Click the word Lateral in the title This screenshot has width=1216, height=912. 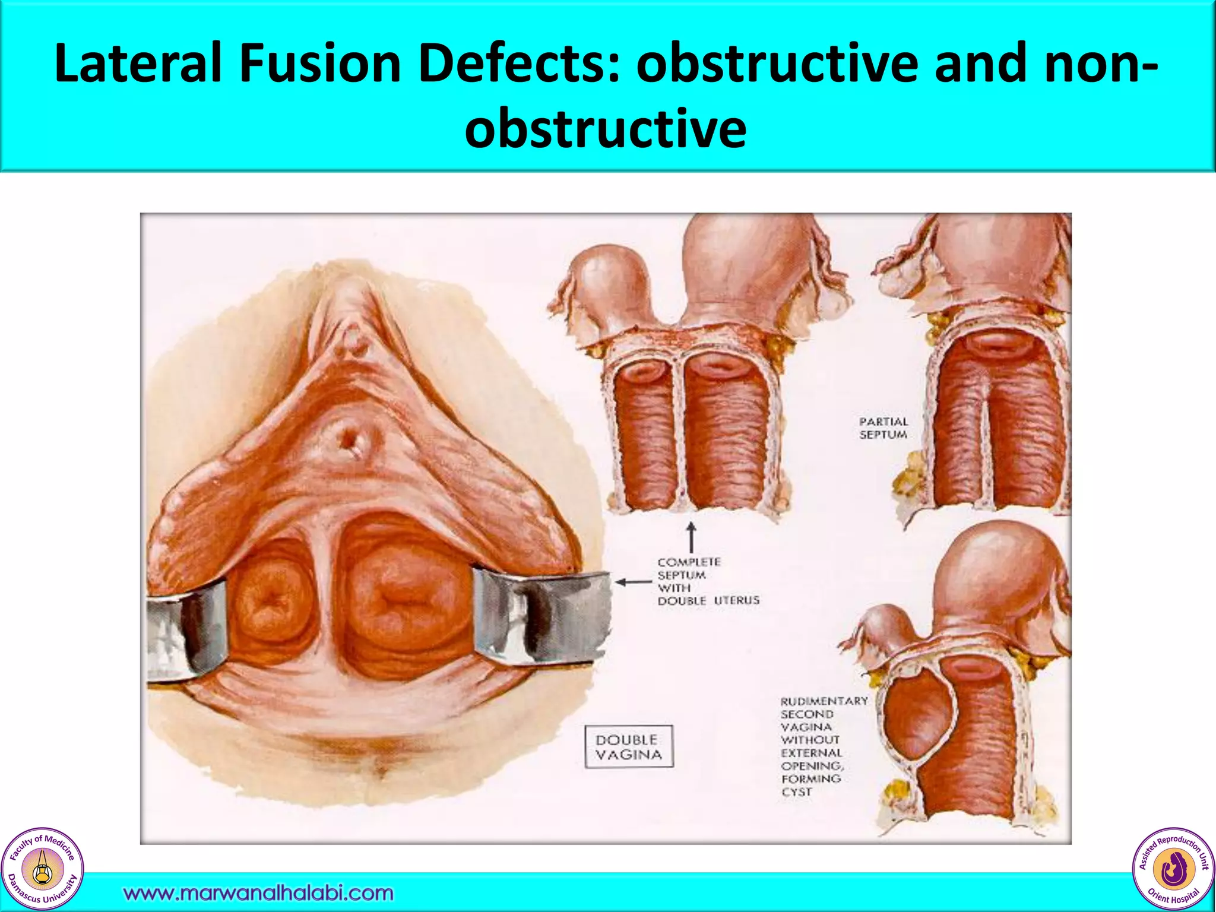137,64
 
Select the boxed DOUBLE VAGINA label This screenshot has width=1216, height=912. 629,747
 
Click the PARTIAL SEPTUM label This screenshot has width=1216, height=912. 883,428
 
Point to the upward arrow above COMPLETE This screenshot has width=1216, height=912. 691,537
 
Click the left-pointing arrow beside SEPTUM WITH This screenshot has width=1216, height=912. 633,582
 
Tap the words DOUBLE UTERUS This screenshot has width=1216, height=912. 708,601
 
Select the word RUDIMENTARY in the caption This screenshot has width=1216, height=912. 824,701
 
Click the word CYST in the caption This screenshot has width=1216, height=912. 796,792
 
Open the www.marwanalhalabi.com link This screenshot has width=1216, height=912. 258,893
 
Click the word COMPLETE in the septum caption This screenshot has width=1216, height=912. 689,562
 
